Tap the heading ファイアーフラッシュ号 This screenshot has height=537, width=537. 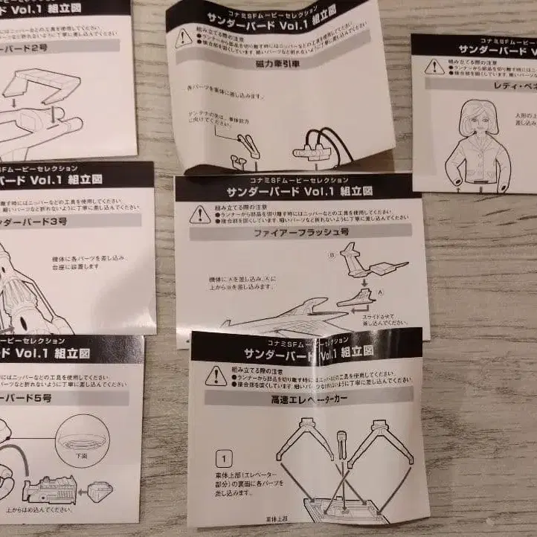[301, 232]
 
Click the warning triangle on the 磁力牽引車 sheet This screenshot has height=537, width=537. [184, 39]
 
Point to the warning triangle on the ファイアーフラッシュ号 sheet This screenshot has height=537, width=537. [199, 215]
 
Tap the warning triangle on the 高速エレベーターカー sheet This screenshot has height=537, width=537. [216, 376]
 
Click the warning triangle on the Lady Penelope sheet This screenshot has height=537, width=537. [434, 66]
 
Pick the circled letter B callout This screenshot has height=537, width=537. [332, 254]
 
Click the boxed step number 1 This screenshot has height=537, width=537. [222, 457]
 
